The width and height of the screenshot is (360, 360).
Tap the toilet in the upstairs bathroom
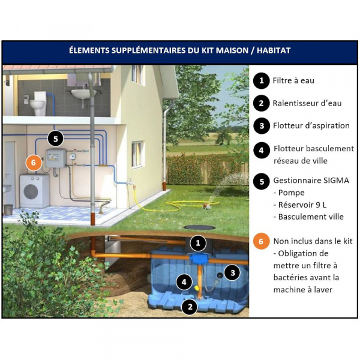coord(38,103)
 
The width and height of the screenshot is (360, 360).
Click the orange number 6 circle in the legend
coord(260,242)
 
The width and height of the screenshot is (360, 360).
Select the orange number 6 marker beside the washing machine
coord(34,162)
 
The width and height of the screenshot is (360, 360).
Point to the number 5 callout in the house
coord(55,139)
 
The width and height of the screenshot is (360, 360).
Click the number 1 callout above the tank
coord(197,243)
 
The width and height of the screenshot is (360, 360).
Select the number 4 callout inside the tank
coord(184,281)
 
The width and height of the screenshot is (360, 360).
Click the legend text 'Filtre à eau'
coord(293,80)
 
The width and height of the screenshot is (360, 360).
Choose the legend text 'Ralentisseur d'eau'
coord(307,103)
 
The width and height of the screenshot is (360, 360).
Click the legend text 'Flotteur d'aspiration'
coord(311,126)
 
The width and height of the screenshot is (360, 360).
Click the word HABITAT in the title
coord(269,50)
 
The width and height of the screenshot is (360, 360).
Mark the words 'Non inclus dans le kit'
coord(313,241)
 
